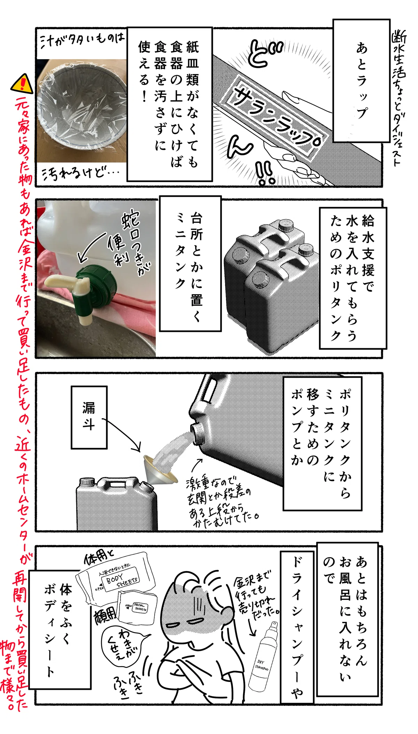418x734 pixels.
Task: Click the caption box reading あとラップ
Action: [x=361, y=81]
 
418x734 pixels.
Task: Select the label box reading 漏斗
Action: [x=89, y=417]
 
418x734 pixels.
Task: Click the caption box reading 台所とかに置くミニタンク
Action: [x=190, y=263]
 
